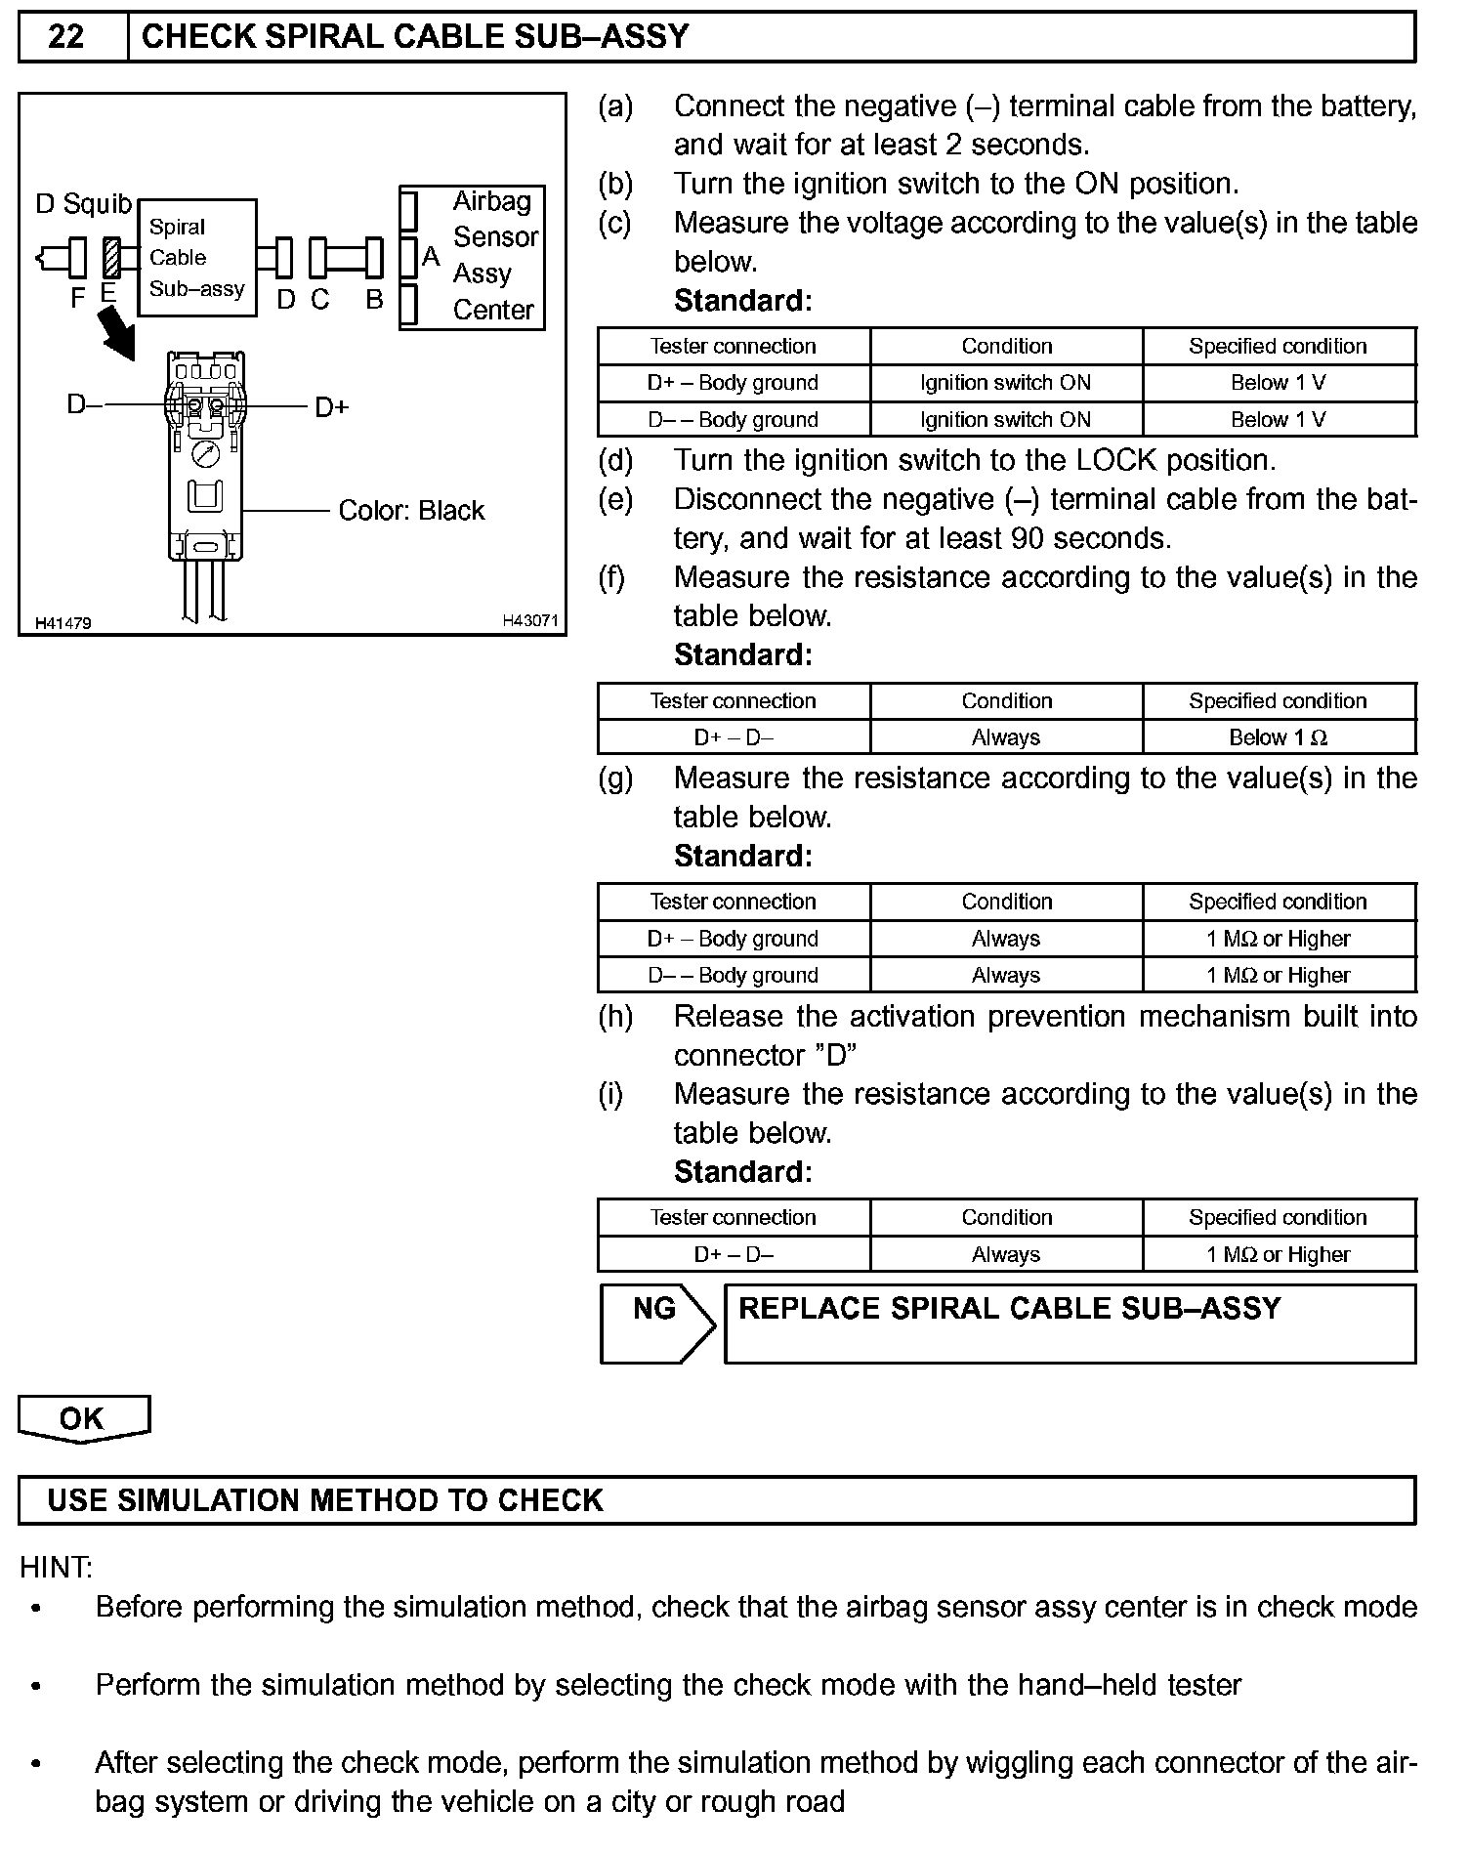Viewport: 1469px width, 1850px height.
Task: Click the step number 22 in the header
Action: (x=66, y=37)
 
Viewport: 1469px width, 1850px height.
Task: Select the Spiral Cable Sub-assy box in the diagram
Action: (x=197, y=258)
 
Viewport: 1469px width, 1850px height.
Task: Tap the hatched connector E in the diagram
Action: (x=111, y=258)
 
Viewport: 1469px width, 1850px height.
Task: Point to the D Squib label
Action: (x=83, y=204)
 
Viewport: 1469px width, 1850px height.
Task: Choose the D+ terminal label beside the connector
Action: (x=332, y=406)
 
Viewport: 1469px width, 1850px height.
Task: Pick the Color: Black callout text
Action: (x=411, y=511)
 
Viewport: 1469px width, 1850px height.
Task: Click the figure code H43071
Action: (x=529, y=620)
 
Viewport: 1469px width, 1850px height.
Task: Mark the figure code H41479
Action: (x=63, y=623)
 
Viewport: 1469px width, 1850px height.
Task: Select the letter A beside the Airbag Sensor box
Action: (x=431, y=257)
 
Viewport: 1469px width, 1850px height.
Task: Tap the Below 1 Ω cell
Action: (x=1279, y=737)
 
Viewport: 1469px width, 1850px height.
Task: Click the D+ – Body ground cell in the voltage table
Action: (x=733, y=383)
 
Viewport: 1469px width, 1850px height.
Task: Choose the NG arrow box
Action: (x=656, y=1324)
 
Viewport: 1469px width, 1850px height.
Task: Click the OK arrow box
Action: (x=83, y=1418)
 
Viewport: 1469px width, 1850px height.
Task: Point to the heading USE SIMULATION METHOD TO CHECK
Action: (x=325, y=1500)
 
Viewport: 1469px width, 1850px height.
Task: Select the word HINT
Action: (x=56, y=1568)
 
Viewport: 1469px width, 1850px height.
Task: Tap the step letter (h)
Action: (x=615, y=1017)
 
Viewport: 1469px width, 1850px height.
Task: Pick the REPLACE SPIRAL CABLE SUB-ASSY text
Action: (x=1009, y=1309)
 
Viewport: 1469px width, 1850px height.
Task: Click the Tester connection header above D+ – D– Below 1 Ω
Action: (x=733, y=701)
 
